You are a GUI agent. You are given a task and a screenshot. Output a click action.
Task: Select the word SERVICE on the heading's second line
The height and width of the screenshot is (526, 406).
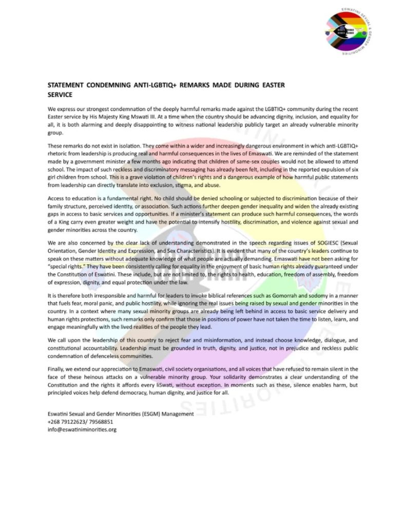coord(60,95)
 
